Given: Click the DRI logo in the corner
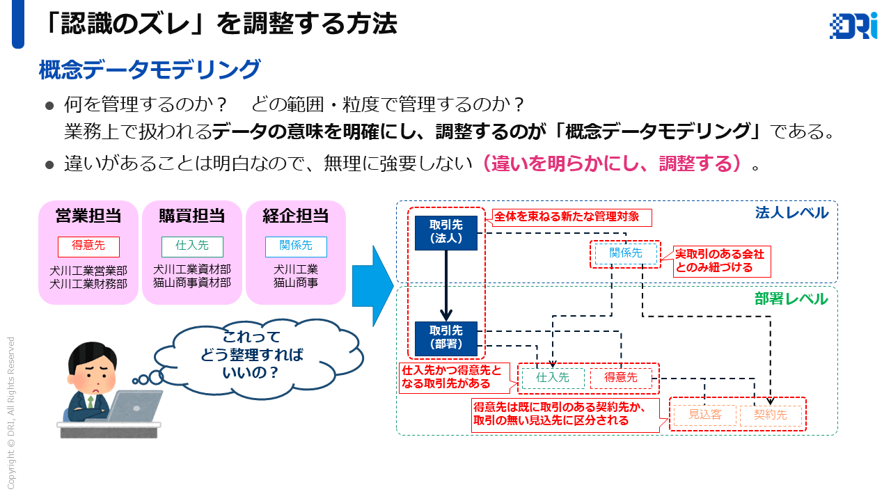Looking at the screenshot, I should pos(853,26).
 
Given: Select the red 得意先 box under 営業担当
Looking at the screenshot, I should pos(88,246).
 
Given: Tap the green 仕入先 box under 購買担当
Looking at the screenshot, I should pos(193,246).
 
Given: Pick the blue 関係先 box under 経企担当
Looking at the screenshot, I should pos(296,246).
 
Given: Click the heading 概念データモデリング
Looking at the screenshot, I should pos(150,70).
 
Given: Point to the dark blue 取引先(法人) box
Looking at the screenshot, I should pos(446,232).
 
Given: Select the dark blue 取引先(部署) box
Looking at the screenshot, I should pos(446,338).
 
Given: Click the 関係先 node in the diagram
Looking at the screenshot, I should pos(626,254).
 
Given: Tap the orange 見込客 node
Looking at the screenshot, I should pos(704,415).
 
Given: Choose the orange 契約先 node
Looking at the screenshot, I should pos(771,415).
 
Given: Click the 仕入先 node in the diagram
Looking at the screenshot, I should pos(553,378).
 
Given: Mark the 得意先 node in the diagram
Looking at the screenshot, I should pos(621,378).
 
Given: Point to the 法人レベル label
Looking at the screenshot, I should pos(791,212).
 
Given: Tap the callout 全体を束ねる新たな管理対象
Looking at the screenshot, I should pos(572,217).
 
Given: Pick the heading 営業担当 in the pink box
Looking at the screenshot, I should pos(88,216).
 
